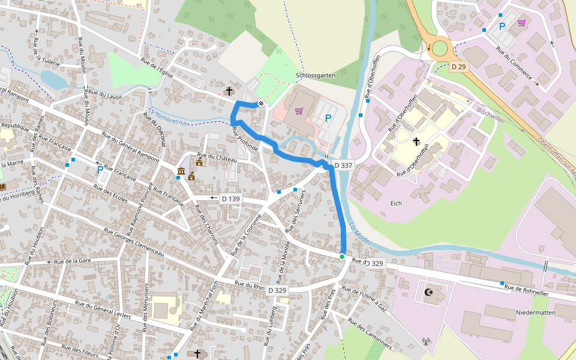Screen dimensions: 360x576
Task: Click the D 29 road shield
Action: point(458,67)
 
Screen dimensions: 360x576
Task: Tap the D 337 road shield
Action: point(343,165)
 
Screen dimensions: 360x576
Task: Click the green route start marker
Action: point(342,257)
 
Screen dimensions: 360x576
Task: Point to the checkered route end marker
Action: point(261,104)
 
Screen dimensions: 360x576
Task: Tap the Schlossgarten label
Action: point(316,76)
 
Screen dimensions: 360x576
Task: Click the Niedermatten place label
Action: point(536,313)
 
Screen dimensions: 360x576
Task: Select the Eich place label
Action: point(395,203)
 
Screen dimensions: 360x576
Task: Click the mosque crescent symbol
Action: point(428,292)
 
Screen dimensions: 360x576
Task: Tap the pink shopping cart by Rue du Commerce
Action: point(521,23)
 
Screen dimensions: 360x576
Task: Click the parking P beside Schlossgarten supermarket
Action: point(328,118)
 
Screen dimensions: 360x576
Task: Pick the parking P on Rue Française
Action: point(100,170)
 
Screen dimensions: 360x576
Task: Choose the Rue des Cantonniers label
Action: point(370,335)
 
